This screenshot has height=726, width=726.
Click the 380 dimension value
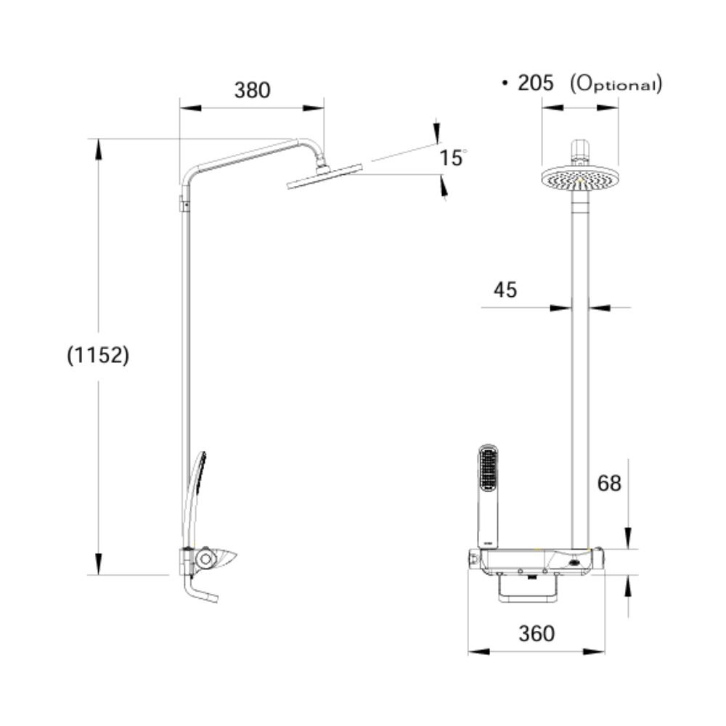click(252, 90)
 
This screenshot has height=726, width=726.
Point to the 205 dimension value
click(536, 83)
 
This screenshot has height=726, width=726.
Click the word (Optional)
click(616, 83)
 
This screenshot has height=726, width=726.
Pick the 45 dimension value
click(505, 290)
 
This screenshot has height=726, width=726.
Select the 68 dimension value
click(609, 482)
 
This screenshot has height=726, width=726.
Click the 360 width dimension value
click(537, 633)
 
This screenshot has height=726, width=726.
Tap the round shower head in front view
click(579, 178)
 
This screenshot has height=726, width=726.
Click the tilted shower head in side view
click(325, 176)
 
